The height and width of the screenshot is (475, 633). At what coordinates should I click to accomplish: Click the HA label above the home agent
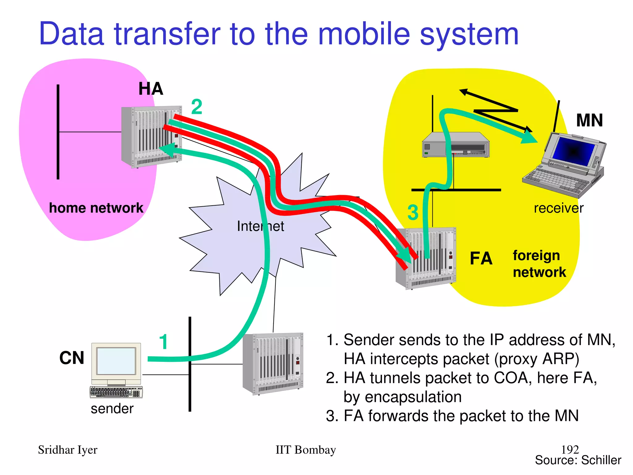(151, 89)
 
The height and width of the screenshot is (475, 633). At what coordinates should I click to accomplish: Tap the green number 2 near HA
(197, 107)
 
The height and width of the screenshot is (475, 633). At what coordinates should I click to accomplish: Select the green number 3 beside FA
(413, 213)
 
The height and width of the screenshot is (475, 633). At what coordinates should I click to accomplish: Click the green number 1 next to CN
(164, 342)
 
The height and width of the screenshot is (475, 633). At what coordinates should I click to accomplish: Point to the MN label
(589, 120)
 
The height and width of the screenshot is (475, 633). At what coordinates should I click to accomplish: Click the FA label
(481, 259)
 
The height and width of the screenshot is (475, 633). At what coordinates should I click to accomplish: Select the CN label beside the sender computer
(72, 358)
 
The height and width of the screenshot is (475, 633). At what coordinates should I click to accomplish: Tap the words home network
(96, 208)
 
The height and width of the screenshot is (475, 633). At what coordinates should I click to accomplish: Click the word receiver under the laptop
(559, 208)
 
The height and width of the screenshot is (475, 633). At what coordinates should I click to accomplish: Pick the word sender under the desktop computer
(112, 409)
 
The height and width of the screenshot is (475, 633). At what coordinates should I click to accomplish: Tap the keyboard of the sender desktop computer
(116, 392)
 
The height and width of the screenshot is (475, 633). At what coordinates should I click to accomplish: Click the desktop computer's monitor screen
(116, 361)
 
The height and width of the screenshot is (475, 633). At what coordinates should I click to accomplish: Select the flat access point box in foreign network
(456, 145)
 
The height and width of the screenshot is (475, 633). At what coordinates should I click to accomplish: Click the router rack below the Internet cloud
(273, 363)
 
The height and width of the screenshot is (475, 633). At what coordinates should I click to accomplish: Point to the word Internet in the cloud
(260, 226)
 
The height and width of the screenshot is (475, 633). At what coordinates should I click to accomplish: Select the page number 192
(570, 449)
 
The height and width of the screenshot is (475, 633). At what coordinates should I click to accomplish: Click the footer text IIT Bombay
(305, 450)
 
